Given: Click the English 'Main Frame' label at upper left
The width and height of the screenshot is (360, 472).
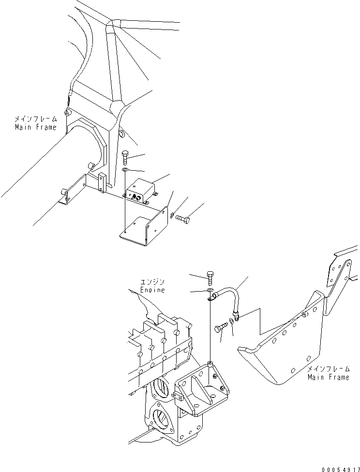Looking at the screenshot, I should (x=35, y=127).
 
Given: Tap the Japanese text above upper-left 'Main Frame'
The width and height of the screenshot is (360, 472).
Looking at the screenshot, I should (x=36, y=118).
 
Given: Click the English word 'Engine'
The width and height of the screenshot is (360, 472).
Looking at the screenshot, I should (x=153, y=290).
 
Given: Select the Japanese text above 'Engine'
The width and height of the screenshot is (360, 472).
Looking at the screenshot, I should (x=153, y=281).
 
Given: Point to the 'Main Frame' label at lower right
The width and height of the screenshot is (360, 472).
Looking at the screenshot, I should (x=328, y=377).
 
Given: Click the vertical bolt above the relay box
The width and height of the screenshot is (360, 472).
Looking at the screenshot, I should (x=125, y=158).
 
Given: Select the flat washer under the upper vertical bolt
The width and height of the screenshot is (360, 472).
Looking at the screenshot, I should (x=125, y=170).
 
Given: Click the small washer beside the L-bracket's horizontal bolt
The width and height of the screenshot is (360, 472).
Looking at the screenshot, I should (x=172, y=215).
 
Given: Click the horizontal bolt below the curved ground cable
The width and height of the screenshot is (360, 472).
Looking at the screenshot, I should (x=220, y=329).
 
